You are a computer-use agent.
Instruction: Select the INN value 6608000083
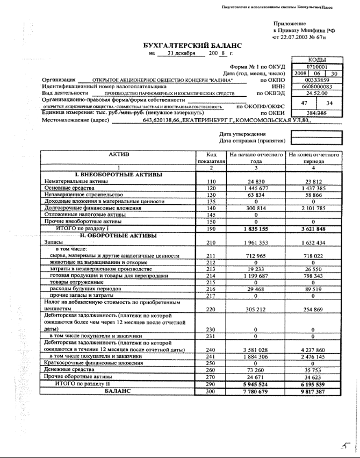(316, 86)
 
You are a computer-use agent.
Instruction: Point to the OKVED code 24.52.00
(316, 92)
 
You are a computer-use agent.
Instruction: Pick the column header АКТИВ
(119, 155)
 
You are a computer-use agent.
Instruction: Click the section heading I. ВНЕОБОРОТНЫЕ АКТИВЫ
(119, 175)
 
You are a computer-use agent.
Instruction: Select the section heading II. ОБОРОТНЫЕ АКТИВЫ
(119, 235)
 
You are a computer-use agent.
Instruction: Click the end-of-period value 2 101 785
(314, 207)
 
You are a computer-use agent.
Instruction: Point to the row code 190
(211, 228)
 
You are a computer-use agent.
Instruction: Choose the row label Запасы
(53, 242)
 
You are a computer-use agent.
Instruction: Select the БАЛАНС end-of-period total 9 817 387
(314, 391)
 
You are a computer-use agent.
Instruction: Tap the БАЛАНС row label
(119, 391)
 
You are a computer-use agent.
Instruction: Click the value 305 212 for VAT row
(255, 309)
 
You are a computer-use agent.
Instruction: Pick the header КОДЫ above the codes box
(316, 60)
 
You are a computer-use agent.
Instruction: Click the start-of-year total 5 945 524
(255, 384)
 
